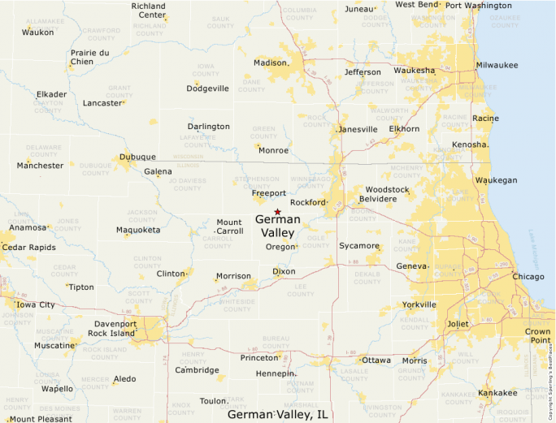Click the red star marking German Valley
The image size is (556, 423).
(277, 211)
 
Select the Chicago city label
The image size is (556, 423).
(528, 277)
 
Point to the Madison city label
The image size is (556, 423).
(271, 63)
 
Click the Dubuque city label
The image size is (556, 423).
(137, 157)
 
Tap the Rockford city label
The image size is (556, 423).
(307, 202)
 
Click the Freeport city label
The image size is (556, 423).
(268, 193)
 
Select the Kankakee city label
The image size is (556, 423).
(497, 393)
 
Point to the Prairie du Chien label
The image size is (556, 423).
(90, 57)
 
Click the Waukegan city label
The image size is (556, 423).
(496, 180)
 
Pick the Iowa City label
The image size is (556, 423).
(36, 304)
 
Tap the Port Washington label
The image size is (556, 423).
(478, 6)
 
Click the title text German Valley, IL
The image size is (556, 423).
(277, 414)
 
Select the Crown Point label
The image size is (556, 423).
(537, 336)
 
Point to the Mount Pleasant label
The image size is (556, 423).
(40, 419)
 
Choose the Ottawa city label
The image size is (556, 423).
(376, 360)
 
